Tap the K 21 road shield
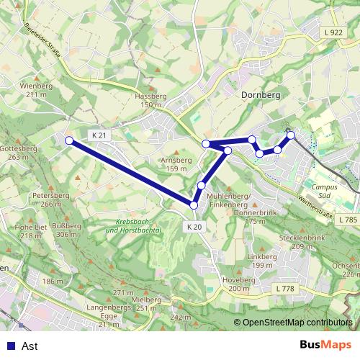click(99, 135)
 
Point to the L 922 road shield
click(333, 32)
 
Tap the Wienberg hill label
click(37, 86)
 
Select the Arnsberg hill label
click(176, 160)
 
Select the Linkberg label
click(261, 256)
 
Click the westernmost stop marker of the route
click(69, 140)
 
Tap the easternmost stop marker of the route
click(291, 135)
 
